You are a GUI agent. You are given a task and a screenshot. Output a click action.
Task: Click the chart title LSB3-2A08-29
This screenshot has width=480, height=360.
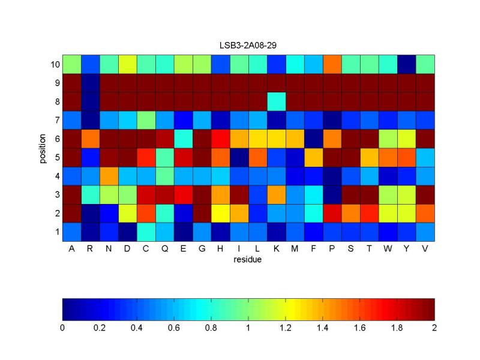point(248,45)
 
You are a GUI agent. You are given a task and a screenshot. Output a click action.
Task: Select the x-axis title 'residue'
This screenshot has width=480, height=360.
point(248,260)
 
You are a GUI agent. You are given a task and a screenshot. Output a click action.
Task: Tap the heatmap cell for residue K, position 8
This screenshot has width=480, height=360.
point(276,101)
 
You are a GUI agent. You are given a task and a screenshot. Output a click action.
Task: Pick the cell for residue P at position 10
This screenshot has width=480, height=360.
point(331,64)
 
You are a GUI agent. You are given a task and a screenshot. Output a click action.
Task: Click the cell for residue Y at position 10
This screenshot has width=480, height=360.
point(406,64)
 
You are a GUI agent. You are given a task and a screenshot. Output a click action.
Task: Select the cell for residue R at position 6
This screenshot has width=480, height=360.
point(90,138)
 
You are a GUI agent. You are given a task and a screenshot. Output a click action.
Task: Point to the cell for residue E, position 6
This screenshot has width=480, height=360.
point(183,138)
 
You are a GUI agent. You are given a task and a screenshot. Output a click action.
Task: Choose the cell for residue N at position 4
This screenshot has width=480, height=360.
point(109,175)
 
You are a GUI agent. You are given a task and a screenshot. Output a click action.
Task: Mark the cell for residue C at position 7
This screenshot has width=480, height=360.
point(146,119)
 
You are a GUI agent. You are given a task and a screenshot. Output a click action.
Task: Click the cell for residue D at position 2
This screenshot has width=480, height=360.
point(127,212)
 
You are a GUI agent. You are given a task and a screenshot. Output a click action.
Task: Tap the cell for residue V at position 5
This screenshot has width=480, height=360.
point(425,157)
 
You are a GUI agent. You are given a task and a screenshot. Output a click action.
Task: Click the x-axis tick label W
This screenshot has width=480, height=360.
point(388,249)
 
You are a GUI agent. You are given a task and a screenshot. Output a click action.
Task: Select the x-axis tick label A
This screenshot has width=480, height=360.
point(71,249)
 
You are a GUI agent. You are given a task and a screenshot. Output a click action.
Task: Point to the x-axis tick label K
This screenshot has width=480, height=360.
point(276,249)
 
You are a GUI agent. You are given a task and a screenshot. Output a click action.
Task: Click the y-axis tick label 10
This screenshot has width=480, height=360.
point(53,64)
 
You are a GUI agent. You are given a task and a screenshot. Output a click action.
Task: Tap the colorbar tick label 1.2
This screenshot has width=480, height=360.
point(285,328)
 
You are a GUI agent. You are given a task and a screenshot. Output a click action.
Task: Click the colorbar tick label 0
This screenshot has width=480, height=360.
point(62,328)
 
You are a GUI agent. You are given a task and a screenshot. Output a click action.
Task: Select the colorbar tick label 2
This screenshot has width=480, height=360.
point(434,328)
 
